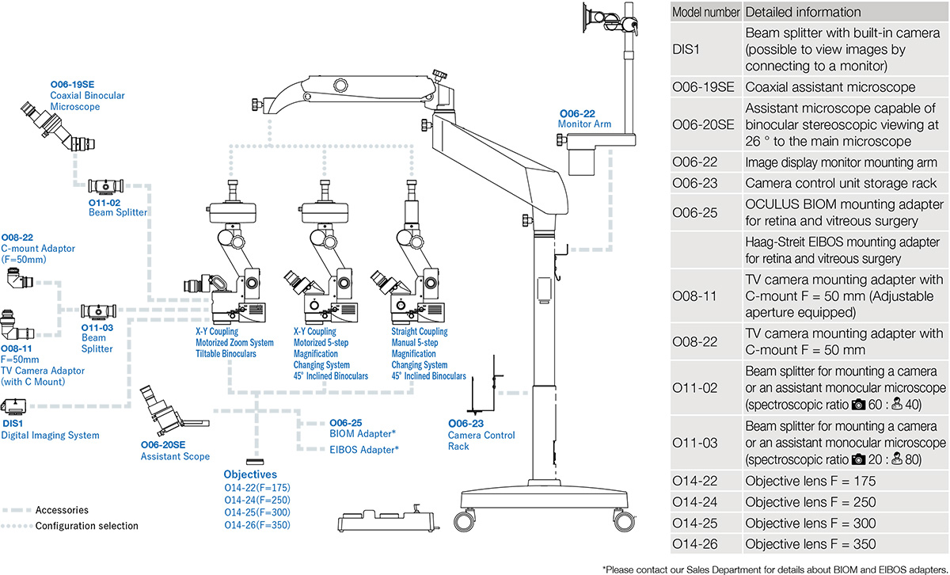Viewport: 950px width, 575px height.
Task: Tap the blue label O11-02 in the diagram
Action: [x=104, y=203]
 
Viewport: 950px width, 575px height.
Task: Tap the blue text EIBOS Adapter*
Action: [x=363, y=449]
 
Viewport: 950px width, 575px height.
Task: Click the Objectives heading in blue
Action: [x=250, y=474]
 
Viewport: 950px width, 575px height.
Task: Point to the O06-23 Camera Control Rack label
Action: [x=481, y=435]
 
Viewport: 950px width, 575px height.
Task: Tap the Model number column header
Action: [x=706, y=12]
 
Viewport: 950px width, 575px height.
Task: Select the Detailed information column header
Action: [x=803, y=12]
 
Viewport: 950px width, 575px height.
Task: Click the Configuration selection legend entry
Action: [x=86, y=526]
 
